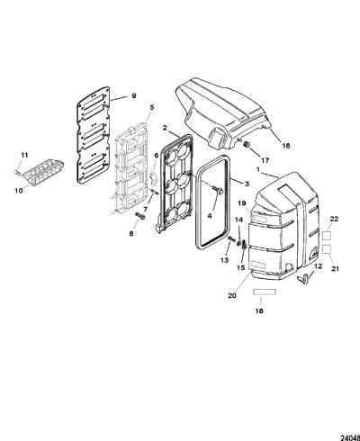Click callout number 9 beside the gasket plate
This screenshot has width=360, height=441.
point(134,95)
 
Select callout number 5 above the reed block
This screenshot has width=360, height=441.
point(152,107)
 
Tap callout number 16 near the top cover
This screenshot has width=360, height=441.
point(286,146)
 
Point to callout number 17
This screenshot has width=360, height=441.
point(265,160)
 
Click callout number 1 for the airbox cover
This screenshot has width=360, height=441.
point(258,169)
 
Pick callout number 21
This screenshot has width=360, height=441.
point(335,269)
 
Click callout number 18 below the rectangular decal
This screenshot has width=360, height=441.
point(259,310)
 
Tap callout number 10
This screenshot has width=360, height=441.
point(19,190)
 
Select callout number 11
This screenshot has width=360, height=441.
point(24,155)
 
